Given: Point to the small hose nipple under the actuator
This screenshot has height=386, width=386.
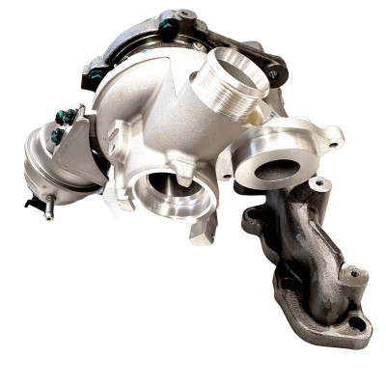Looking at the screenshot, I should click(x=48, y=211).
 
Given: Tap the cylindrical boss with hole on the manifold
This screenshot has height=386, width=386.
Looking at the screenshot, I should click(x=354, y=280).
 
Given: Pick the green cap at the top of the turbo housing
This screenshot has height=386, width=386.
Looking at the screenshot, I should click(x=168, y=27).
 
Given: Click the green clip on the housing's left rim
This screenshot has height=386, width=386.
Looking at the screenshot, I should click(x=97, y=75).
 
